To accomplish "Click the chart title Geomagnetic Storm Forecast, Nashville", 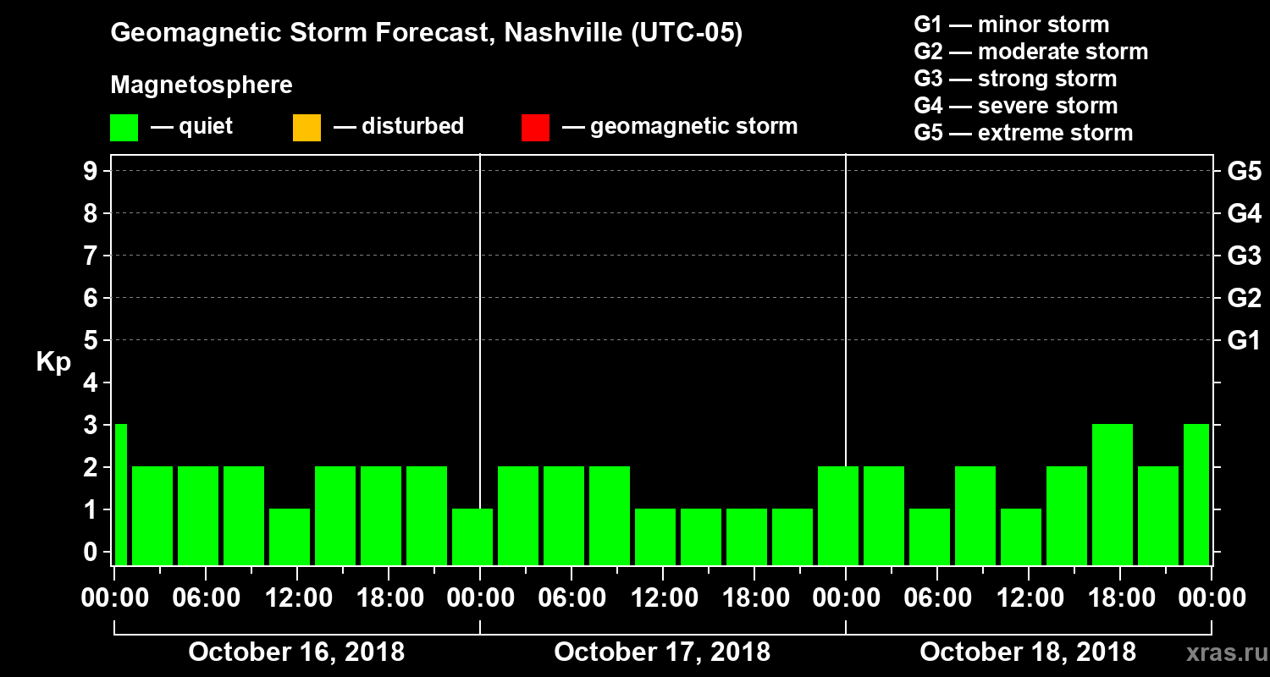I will point(426,34).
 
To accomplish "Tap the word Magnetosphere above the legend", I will point(202,85).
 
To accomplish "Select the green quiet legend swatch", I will point(124,128).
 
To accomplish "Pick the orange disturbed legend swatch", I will point(306,128).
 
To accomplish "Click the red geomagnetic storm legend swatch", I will point(535,128).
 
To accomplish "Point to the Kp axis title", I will point(53,362).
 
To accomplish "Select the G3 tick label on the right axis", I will point(1244,256).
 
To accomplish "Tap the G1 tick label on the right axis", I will point(1244,341).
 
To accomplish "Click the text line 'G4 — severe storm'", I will point(1015,107).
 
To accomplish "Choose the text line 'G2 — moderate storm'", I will point(1030,52).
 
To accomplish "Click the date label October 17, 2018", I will point(662,652).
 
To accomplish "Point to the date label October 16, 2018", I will point(296,652).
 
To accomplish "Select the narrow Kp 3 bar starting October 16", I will point(120,494).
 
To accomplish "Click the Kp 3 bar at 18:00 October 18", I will point(1113,494).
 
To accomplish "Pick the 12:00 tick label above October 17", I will point(662,598).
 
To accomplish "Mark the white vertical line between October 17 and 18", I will point(846,338).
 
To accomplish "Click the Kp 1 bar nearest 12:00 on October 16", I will point(290,537).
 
